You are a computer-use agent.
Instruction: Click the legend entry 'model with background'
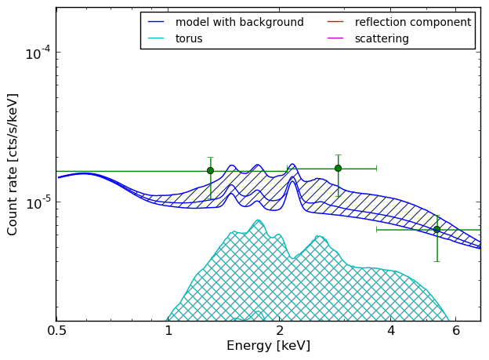[240, 22]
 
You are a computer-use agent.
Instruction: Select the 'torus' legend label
[189, 38]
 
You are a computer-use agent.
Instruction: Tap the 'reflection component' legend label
[413, 22]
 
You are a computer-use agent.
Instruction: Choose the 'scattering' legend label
[382, 38]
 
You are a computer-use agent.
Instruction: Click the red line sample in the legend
[335, 22]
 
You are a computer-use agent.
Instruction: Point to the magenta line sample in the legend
[335, 38]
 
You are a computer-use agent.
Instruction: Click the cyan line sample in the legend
[156, 38]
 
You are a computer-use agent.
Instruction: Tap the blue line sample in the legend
[156, 22]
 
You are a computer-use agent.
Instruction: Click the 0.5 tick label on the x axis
[56, 331]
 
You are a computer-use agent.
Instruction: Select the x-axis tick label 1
[168, 331]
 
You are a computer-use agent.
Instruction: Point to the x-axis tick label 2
[280, 331]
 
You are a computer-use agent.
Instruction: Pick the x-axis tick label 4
[391, 331]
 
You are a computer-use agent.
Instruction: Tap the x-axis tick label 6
[456, 331]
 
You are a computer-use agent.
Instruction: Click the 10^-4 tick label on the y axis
[38, 53]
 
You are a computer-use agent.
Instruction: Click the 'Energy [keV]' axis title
[269, 346]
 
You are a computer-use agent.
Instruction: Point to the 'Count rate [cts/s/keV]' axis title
[13, 165]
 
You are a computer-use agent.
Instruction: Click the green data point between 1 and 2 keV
[211, 170]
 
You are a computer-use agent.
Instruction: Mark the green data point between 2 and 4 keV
[338, 169]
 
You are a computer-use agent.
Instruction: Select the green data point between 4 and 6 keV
[437, 230]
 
